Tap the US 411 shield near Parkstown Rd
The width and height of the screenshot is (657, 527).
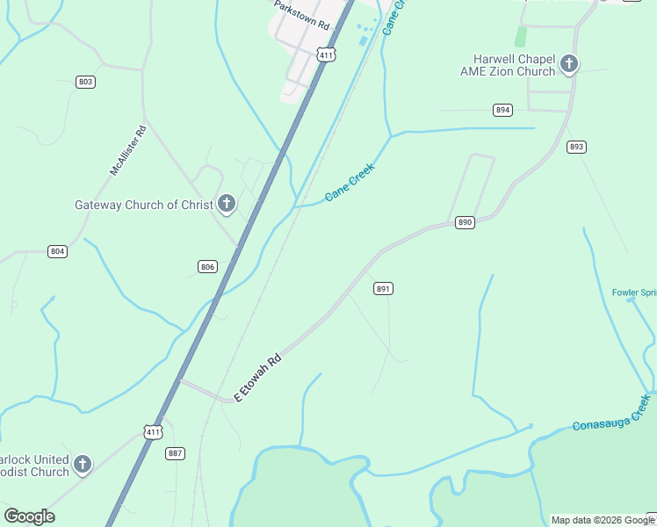pos(327,55)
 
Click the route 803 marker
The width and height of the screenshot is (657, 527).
pos(85,82)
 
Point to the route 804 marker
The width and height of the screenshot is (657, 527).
pos(57,251)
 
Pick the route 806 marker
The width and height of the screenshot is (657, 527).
pos(207,266)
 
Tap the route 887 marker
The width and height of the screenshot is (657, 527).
pos(176,453)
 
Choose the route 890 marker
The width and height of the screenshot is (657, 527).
pos(466,223)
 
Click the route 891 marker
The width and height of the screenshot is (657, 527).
pos(383,288)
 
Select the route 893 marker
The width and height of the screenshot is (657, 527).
pos(576,147)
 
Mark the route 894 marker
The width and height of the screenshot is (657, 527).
pos(502,110)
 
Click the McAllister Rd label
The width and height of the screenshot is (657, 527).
pos(128,150)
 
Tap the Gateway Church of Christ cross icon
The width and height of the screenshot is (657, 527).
pos(227,205)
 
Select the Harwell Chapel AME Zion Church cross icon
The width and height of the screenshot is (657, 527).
pos(569,63)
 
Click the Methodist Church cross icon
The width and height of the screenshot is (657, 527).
pos(83,464)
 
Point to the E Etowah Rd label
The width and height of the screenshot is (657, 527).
pos(257,378)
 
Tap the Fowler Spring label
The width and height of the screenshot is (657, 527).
pos(634,292)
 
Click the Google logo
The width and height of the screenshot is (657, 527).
pos(29,516)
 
